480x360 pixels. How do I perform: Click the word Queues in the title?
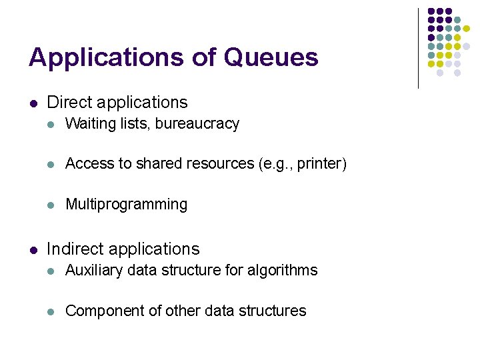click(271, 58)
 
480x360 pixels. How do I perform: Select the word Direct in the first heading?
click(69, 103)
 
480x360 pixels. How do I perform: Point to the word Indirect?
click(75, 249)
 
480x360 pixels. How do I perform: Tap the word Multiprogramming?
click(127, 204)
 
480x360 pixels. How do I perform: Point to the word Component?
click(101, 311)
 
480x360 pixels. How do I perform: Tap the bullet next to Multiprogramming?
click(52, 205)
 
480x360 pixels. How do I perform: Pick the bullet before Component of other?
click(52, 311)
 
